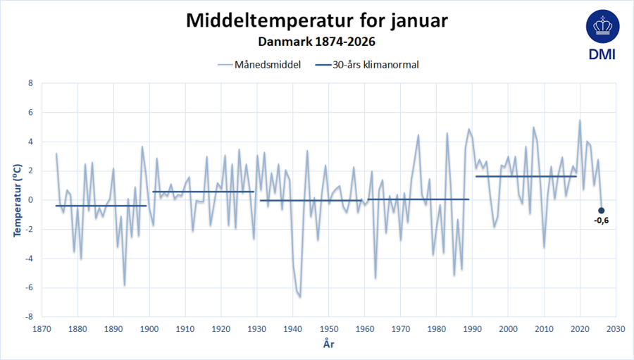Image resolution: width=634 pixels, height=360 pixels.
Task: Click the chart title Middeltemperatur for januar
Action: point(316,20)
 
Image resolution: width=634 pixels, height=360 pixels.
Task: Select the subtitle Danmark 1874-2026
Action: point(316,42)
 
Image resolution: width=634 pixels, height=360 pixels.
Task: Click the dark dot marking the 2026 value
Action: point(601,210)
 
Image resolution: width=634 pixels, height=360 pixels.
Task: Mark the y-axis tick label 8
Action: point(30,83)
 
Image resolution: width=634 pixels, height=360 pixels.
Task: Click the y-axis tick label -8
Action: point(29,316)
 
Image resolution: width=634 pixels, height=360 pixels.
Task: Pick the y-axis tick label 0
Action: point(30,200)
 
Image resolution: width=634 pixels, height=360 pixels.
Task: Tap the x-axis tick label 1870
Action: point(42,328)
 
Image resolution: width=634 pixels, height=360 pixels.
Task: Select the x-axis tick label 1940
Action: point(293,328)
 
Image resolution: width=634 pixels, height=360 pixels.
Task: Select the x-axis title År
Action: point(328,345)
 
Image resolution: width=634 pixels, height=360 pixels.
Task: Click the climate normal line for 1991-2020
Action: point(526,176)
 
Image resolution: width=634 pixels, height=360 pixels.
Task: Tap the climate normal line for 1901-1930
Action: point(203,192)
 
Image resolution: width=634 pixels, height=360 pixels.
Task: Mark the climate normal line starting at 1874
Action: point(101,206)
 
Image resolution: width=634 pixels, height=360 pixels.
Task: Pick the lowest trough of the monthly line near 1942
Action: point(300,297)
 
